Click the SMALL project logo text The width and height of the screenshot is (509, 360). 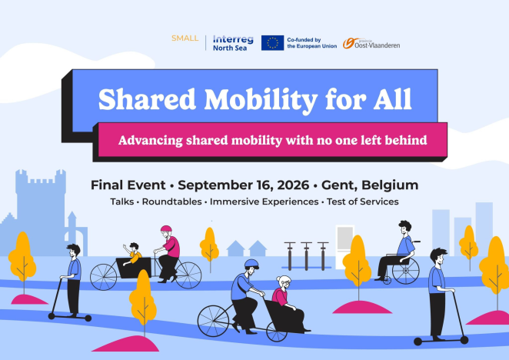pos(185,39)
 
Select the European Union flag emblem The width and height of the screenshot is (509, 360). pos(272,42)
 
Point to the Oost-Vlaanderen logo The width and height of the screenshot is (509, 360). pos(371,43)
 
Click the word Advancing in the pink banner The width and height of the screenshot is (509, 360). pos(156,141)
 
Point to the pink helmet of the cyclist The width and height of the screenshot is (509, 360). pos(166,230)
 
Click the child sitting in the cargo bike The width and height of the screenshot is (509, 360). pos(134,253)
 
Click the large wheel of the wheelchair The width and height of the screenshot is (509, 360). pos(406,270)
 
